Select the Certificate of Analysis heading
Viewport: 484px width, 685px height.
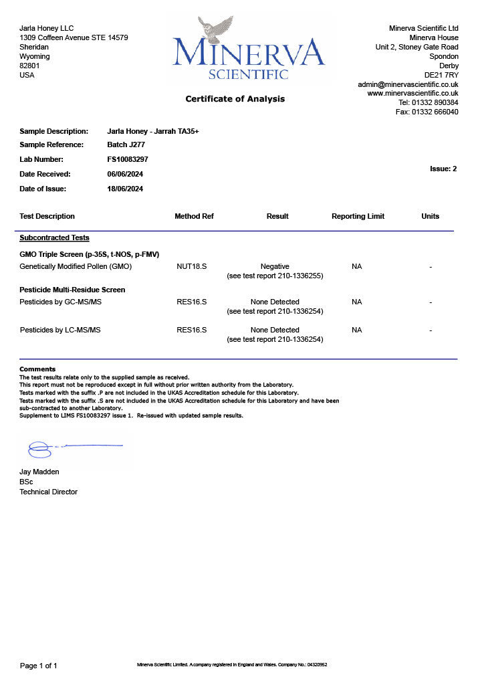(x=235, y=99)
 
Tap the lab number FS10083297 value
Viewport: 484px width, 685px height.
(x=128, y=159)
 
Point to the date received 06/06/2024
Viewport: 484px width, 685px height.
(x=125, y=174)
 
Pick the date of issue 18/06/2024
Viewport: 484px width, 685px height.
(x=125, y=189)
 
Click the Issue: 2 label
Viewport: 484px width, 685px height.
(x=443, y=169)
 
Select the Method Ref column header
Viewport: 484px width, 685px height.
(x=194, y=216)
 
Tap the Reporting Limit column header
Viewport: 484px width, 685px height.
(x=358, y=216)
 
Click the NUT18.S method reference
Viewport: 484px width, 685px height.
(x=191, y=266)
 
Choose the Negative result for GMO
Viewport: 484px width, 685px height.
(x=275, y=266)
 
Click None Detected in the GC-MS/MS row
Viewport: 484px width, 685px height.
(x=275, y=302)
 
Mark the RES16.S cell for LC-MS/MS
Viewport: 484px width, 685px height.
(x=191, y=330)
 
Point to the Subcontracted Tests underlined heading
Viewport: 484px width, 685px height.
(x=54, y=237)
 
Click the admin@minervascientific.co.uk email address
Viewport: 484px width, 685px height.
(x=408, y=84)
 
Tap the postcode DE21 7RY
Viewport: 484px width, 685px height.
(x=441, y=75)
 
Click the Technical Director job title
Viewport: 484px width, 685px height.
(x=48, y=492)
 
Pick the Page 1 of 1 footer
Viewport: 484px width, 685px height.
(x=39, y=666)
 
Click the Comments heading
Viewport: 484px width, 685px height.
(x=37, y=369)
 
